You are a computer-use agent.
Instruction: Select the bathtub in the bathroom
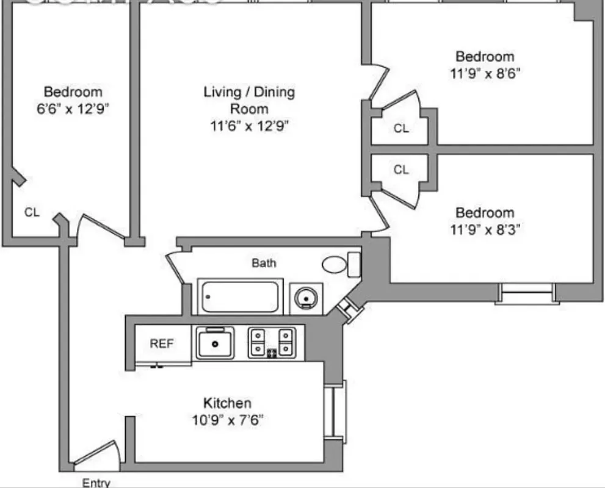(240, 297)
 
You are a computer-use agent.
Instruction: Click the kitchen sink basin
(215, 343)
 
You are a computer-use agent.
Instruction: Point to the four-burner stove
(272, 342)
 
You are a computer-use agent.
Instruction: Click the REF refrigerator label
(162, 343)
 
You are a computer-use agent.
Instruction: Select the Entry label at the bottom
(96, 483)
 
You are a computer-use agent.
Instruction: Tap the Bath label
(264, 263)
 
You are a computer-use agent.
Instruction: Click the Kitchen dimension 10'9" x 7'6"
(227, 420)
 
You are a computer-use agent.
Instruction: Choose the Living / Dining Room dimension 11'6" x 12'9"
(248, 126)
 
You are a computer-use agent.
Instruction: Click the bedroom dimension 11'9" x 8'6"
(485, 73)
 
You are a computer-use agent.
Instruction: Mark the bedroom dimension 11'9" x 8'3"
(485, 229)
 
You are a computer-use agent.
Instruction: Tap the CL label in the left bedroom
(32, 212)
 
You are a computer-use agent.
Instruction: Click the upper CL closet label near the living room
(401, 129)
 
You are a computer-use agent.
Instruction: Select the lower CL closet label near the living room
(401, 170)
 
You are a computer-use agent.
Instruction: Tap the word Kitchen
(227, 403)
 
